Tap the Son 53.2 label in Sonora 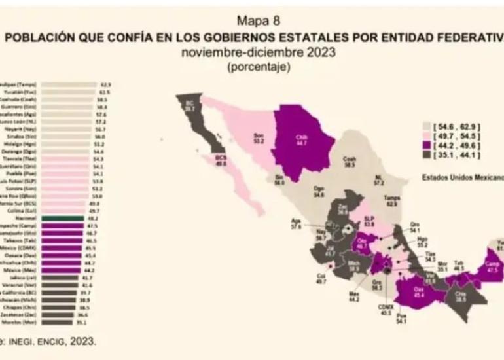258,138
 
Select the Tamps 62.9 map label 392,200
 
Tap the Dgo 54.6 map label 319,192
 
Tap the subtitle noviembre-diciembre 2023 251,53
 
